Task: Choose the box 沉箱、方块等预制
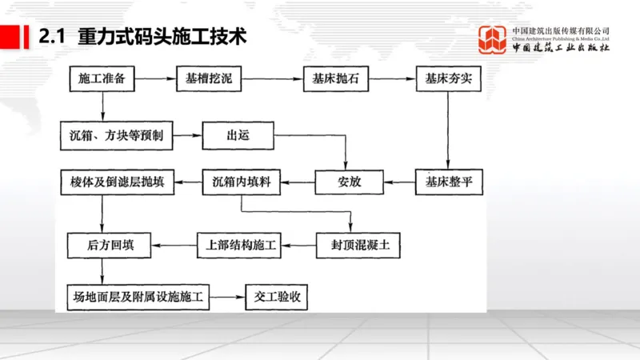[x=117, y=135]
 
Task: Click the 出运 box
[x=238, y=135]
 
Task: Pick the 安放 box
[x=350, y=182]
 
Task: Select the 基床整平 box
[x=445, y=182]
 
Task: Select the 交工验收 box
[x=277, y=298]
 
